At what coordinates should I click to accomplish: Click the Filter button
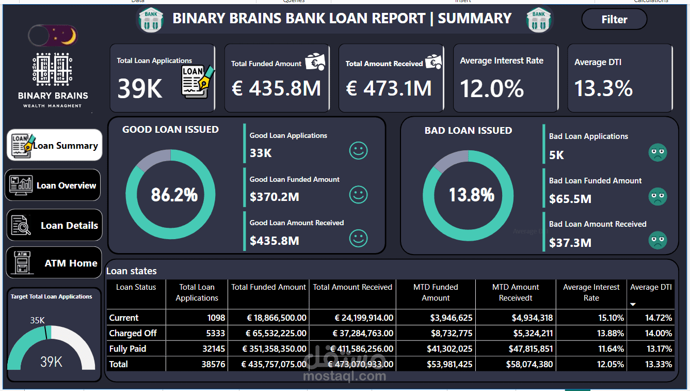614,19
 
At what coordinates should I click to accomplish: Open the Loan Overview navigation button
53,185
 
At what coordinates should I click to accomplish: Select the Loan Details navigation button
54,225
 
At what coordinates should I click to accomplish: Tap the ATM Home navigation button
54,263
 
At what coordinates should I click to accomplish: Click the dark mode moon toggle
53,36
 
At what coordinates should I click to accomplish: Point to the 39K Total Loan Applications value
140,88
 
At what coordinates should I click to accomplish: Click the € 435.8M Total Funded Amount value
276,88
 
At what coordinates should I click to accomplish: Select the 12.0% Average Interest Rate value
492,88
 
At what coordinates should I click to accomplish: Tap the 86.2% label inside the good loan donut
174,195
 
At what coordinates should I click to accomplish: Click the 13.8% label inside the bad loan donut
472,195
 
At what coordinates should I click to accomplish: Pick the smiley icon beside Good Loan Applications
358,150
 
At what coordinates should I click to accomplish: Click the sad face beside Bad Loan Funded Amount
657,196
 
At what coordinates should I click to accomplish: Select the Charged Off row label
133,333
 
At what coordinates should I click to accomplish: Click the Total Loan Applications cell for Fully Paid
214,349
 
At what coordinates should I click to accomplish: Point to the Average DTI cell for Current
659,318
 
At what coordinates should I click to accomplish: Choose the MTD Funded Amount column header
436,292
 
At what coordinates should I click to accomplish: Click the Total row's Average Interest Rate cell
610,364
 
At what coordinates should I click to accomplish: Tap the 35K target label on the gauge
37,320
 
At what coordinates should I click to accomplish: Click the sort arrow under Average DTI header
633,304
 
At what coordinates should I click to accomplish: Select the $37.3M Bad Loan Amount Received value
570,243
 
